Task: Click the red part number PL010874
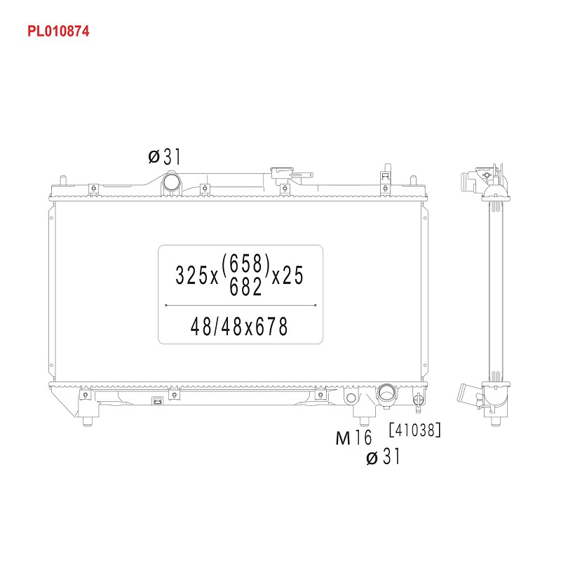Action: (x=58, y=31)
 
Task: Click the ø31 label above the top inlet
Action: (x=165, y=156)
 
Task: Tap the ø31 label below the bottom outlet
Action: (x=383, y=457)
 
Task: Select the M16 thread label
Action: (x=354, y=437)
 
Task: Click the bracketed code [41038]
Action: (x=415, y=430)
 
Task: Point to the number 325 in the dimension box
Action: (x=191, y=276)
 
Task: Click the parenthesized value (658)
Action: (x=245, y=264)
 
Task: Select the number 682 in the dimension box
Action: (x=245, y=287)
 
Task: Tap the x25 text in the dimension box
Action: (x=288, y=276)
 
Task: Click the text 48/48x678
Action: (x=239, y=327)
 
